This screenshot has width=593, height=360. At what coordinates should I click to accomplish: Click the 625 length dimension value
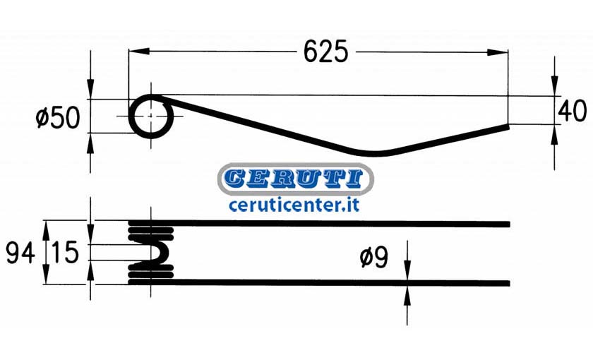(x=325, y=52)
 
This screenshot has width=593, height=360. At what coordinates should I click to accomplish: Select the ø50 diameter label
(x=58, y=118)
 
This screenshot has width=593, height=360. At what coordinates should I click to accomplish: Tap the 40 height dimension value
(x=573, y=112)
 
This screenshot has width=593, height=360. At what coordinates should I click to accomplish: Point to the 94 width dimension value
(x=20, y=253)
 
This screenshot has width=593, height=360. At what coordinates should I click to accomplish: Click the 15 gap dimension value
(x=65, y=252)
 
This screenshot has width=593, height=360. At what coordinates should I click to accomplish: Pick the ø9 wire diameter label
(x=374, y=258)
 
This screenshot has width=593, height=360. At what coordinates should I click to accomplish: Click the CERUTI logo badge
(x=295, y=179)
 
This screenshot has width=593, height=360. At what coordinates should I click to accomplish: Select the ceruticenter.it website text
(x=294, y=205)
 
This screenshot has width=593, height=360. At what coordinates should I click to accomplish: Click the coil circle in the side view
(x=130, y=116)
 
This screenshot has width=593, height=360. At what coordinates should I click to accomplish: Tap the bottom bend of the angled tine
(x=373, y=154)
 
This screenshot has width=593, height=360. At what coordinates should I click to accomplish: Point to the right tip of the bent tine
(x=508, y=126)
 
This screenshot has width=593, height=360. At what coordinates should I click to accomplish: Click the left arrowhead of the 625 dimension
(x=138, y=52)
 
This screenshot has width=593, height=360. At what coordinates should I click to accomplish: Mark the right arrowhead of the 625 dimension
(x=497, y=52)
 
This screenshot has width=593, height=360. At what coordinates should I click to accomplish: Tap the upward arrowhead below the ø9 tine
(x=407, y=296)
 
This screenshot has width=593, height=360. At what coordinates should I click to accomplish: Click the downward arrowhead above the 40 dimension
(x=554, y=85)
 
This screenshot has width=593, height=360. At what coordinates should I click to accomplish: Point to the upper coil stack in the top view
(x=151, y=231)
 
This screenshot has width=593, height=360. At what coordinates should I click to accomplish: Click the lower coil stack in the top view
(x=151, y=273)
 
